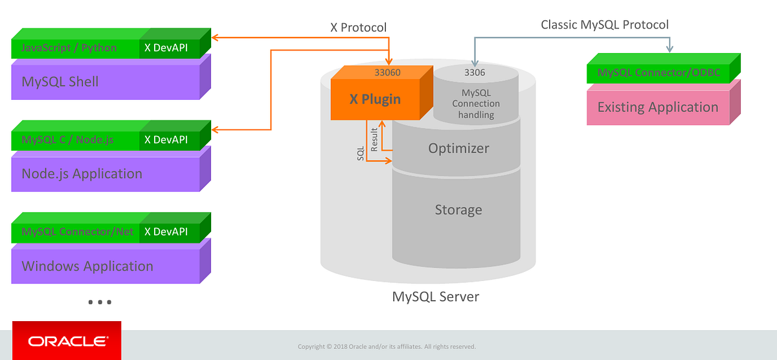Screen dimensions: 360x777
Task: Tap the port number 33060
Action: click(387, 73)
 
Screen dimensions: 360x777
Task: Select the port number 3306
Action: click(475, 73)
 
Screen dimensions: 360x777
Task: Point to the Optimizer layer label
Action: click(458, 148)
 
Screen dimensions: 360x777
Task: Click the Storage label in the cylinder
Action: click(458, 210)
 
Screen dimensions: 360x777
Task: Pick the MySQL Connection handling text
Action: click(476, 104)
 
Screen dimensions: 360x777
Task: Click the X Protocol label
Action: click(358, 28)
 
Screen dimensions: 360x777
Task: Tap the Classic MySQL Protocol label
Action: click(605, 25)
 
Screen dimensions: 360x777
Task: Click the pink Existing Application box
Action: click(658, 107)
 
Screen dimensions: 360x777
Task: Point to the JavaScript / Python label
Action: click(69, 47)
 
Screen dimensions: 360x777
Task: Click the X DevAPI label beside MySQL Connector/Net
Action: click(166, 232)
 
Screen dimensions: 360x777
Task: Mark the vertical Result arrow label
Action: click(374, 140)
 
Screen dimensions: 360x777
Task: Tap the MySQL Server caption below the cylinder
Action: click(435, 297)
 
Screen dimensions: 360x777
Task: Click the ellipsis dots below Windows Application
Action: click(99, 302)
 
